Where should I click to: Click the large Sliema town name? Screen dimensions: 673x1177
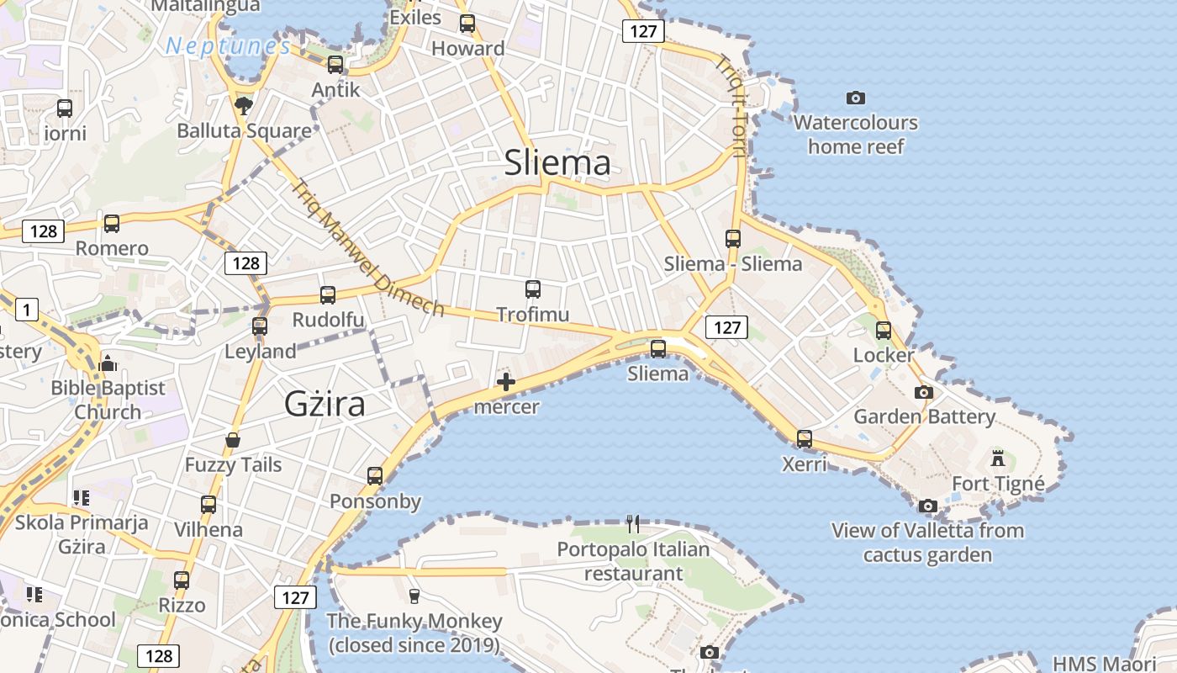(x=557, y=162)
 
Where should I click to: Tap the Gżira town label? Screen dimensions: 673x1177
(x=325, y=405)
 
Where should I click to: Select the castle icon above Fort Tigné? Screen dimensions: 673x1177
(x=998, y=458)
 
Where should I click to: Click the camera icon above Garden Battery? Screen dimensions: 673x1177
(x=923, y=392)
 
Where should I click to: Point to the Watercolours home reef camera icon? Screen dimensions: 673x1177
(x=856, y=98)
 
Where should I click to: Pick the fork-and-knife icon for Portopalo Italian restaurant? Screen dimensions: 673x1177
(x=633, y=524)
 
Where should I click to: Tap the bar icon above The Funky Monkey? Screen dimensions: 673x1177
(x=414, y=596)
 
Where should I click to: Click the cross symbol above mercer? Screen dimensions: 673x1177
(x=505, y=383)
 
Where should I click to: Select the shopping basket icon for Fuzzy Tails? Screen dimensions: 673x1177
(x=233, y=440)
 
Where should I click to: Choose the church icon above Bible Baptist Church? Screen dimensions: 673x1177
(x=108, y=363)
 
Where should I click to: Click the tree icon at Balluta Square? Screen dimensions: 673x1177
(x=244, y=105)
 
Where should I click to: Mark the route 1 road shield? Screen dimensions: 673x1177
(x=26, y=310)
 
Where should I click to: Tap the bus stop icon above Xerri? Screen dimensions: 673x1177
(x=805, y=439)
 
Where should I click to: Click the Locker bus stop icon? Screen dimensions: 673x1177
(x=883, y=331)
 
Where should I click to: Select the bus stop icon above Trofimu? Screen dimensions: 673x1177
(x=532, y=289)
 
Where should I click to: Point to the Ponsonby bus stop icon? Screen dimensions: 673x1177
(x=375, y=476)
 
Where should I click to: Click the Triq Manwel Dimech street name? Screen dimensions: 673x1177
(x=367, y=248)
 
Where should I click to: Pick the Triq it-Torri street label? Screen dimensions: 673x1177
(x=730, y=106)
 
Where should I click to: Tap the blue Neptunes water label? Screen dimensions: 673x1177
(x=228, y=46)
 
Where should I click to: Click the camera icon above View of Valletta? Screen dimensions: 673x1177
(x=927, y=506)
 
